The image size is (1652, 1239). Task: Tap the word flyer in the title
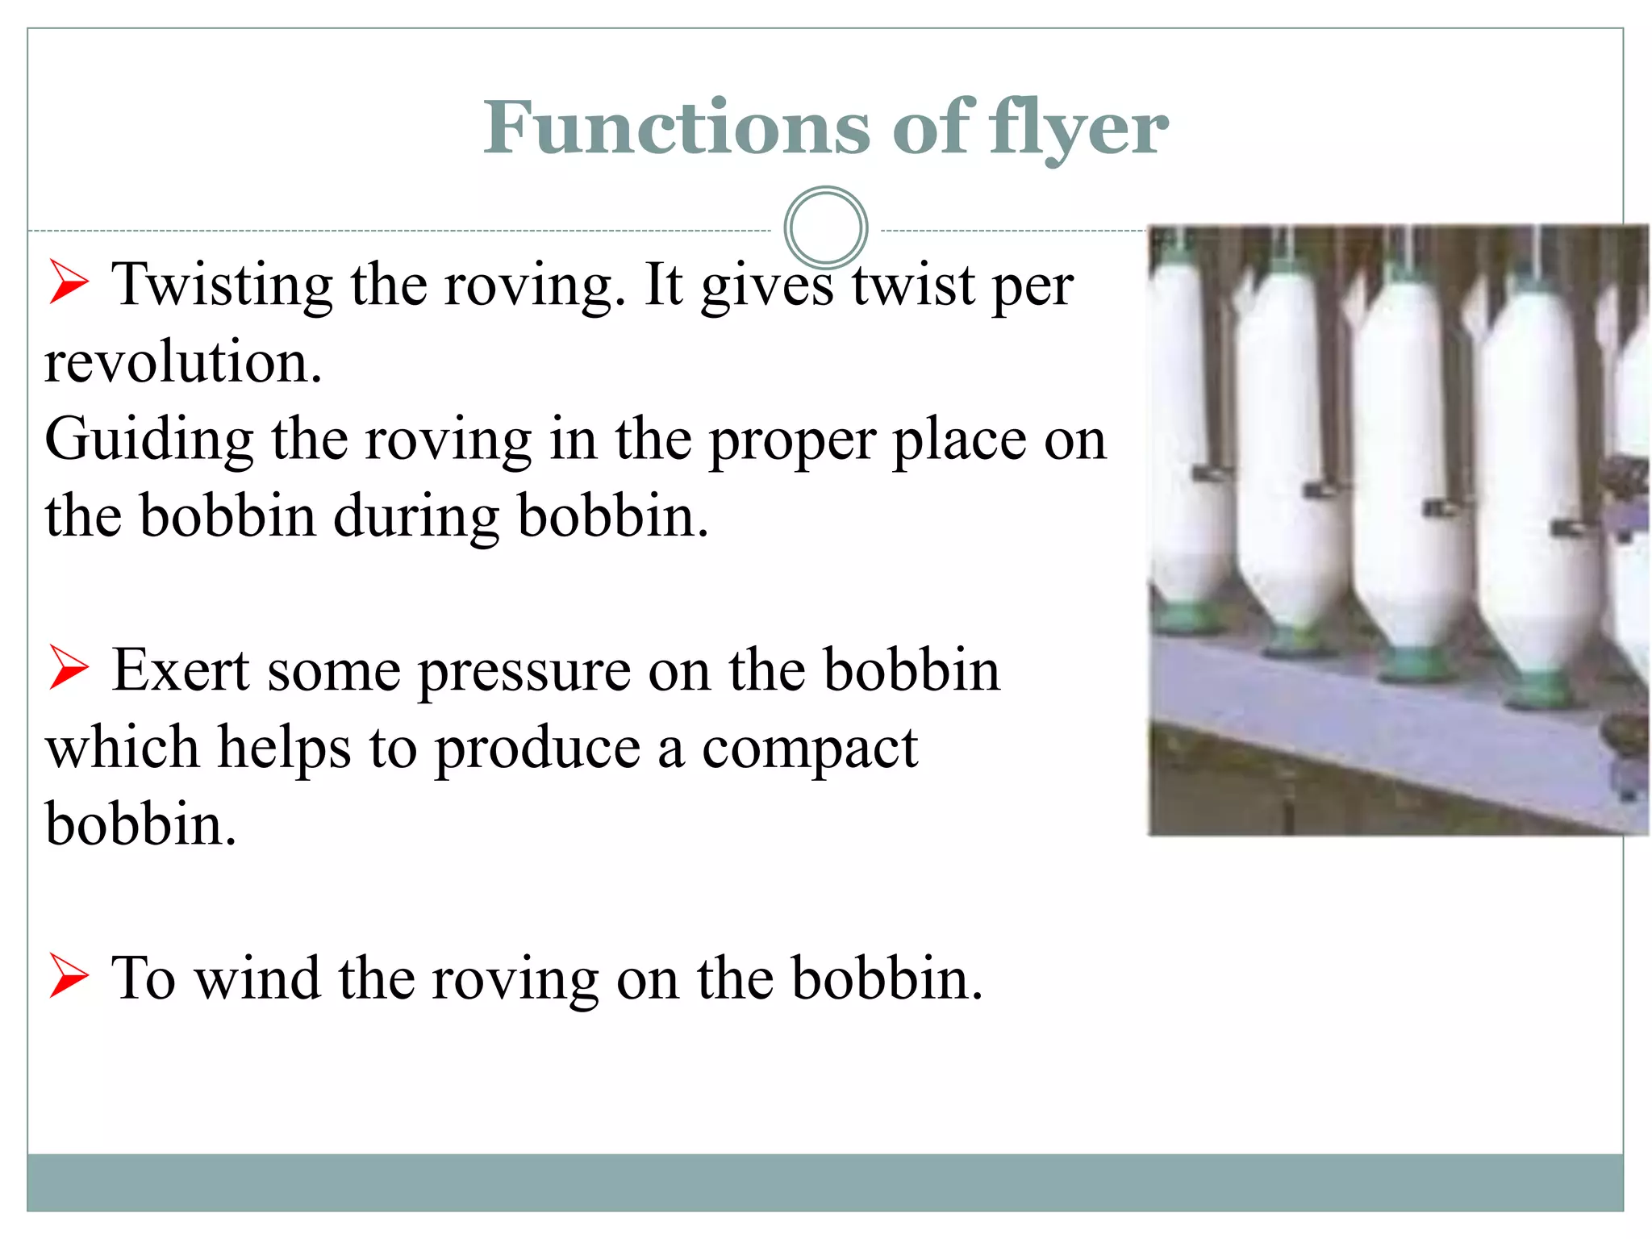click(1079, 129)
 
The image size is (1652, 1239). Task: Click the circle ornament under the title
click(825, 227)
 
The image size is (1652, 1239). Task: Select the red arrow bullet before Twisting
click(69, 282)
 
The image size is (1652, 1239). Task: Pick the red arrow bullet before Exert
click(69, 668)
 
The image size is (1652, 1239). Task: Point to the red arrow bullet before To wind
click(69, 975)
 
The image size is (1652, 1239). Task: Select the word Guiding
click(148, 440)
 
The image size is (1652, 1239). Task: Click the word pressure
click(524, 672)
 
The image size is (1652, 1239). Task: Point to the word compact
click(809, 749)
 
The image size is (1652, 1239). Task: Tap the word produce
click(537, 749)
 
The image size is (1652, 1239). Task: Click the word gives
click(766, 286)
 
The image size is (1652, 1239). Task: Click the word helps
click(284, 748)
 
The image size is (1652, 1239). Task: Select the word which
click(122, 748)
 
